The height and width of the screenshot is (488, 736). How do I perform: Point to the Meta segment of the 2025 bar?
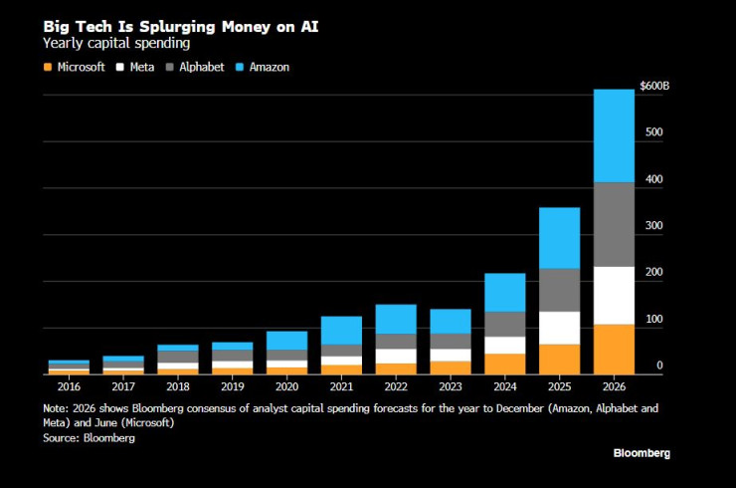pos(559,328)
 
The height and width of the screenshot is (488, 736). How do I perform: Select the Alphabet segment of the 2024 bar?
pos(505,324)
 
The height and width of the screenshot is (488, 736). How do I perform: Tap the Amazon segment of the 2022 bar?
pos(396,319)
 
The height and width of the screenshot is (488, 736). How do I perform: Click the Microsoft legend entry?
pos(74,67)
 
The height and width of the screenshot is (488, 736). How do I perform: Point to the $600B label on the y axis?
pos(654,87)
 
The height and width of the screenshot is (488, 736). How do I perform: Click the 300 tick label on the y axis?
pos(651,226)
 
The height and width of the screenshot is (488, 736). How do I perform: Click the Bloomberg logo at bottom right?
pos(641,453)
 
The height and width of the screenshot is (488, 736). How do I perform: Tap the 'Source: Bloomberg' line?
pos(89,437)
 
